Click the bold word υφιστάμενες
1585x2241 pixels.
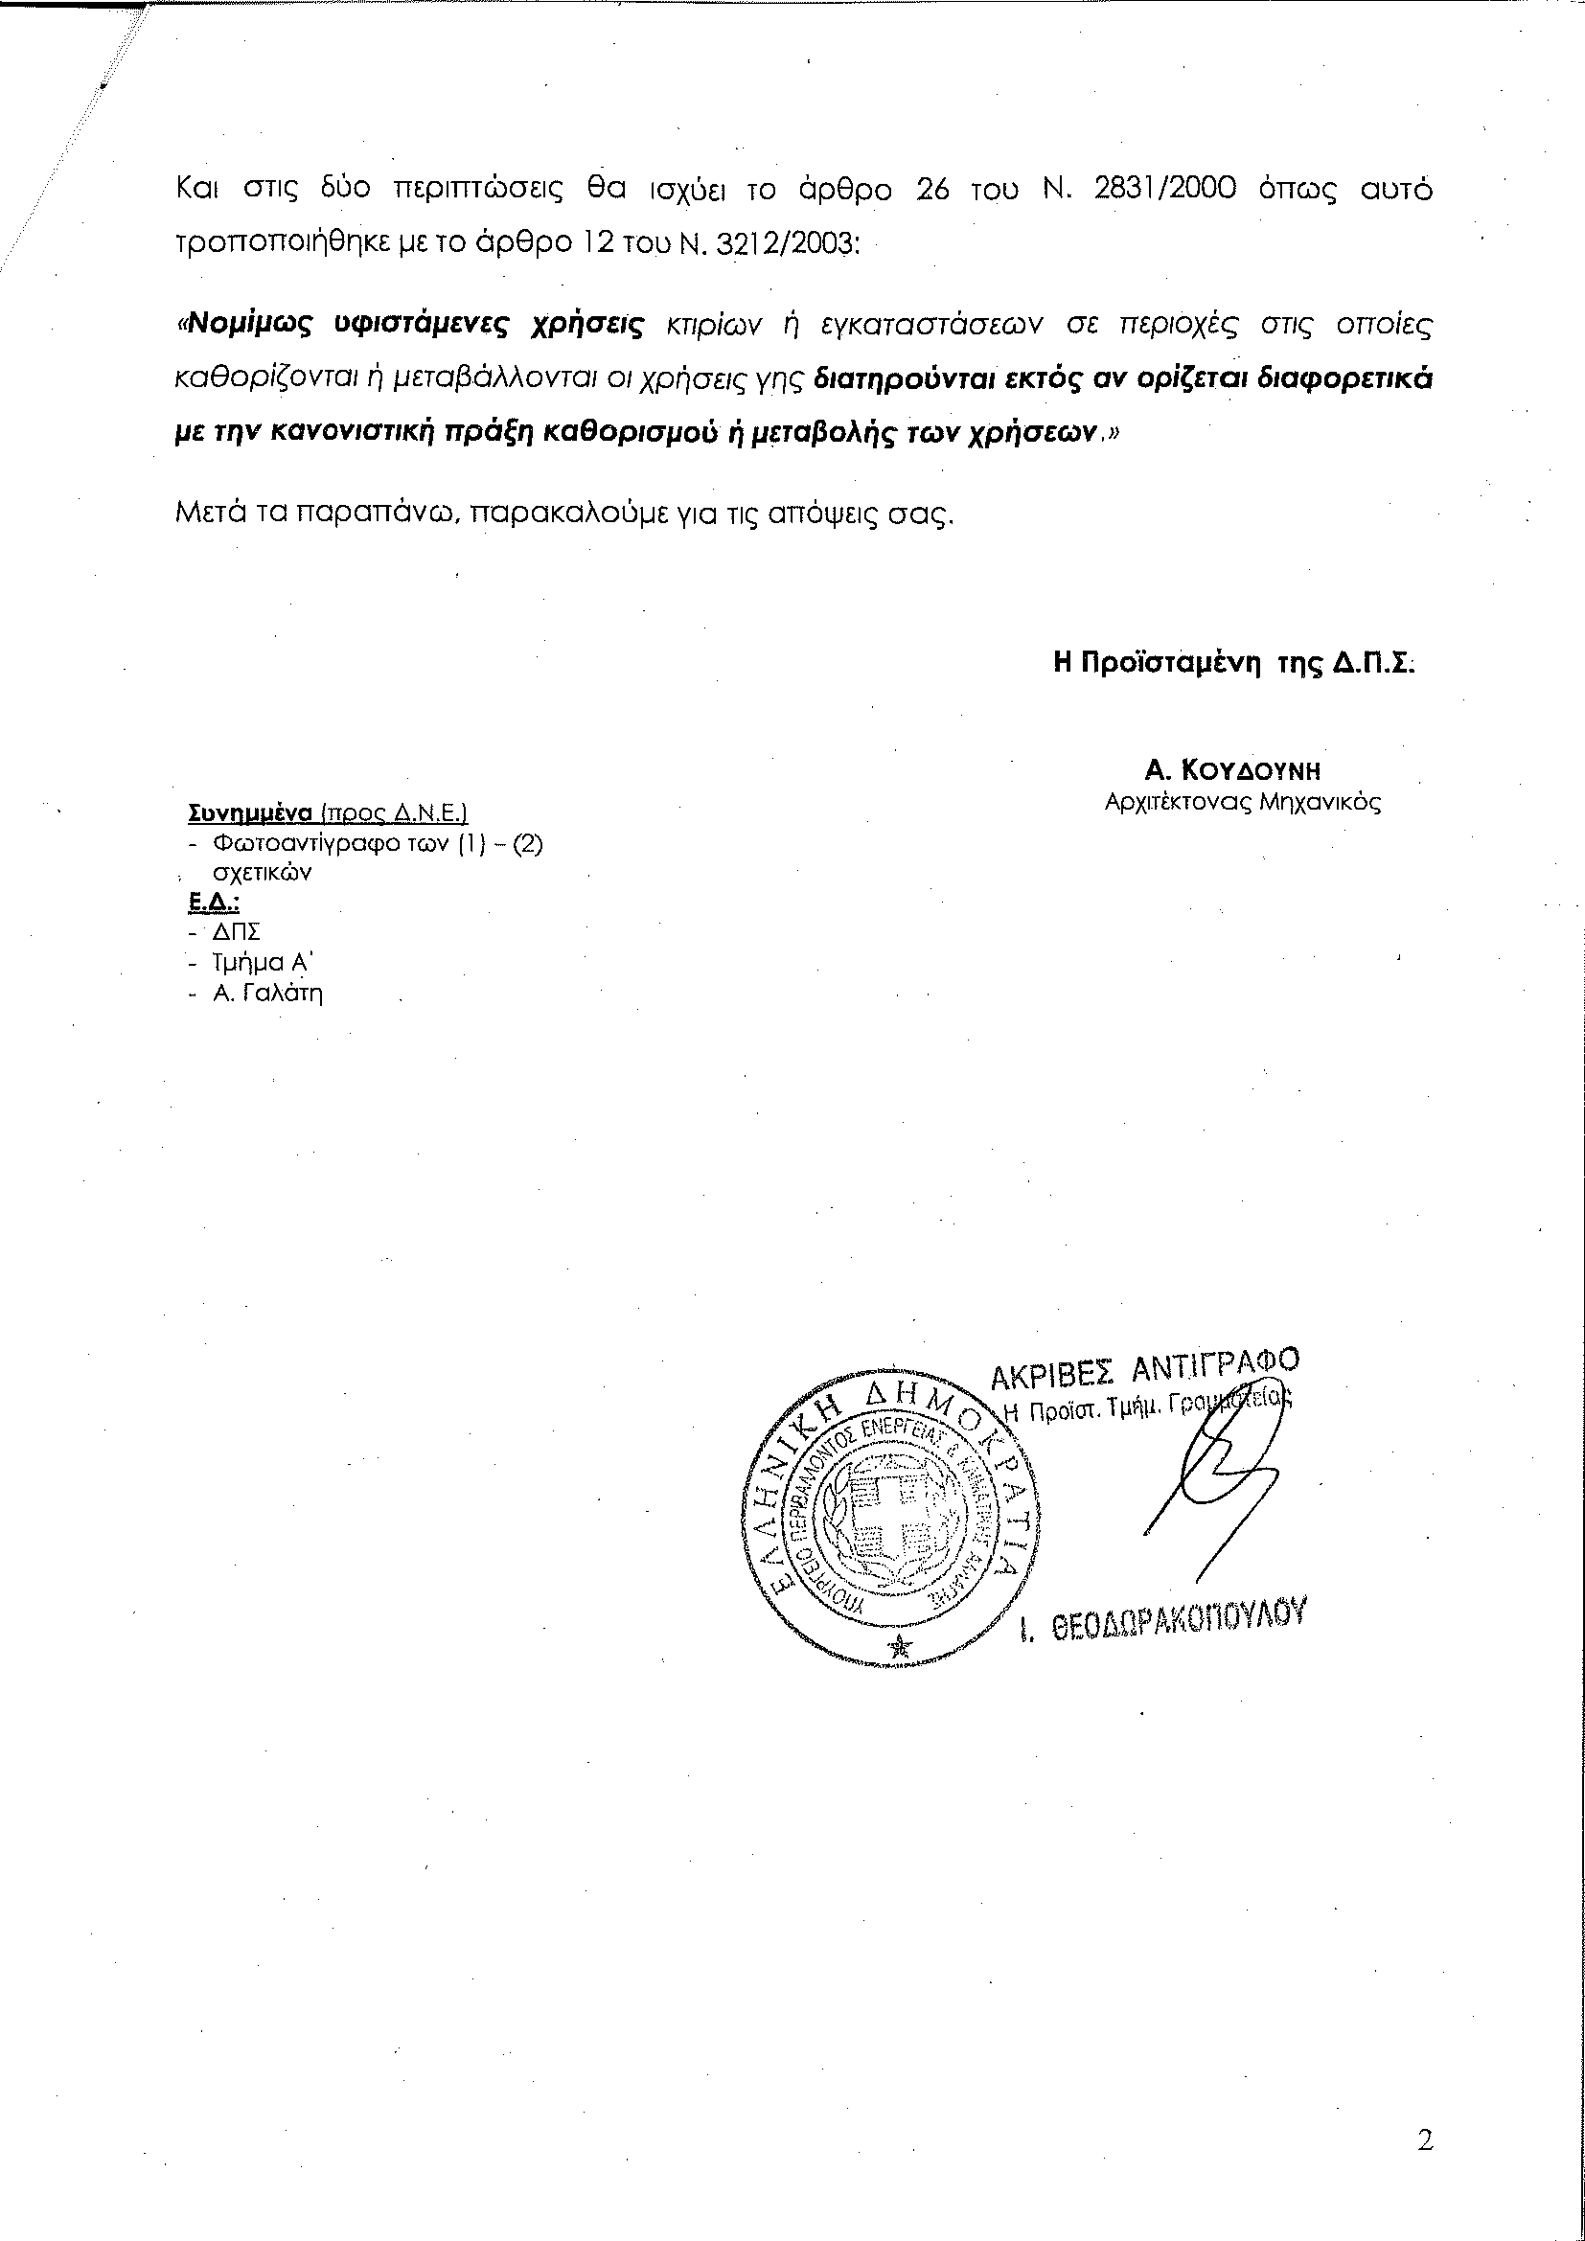[x=425, y=325]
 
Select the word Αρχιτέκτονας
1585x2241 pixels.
[x=1166, y=803]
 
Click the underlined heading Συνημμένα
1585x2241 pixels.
[x=248, y=813]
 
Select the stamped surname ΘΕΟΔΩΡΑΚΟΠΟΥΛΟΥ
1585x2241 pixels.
[x=1178, y=1623]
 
